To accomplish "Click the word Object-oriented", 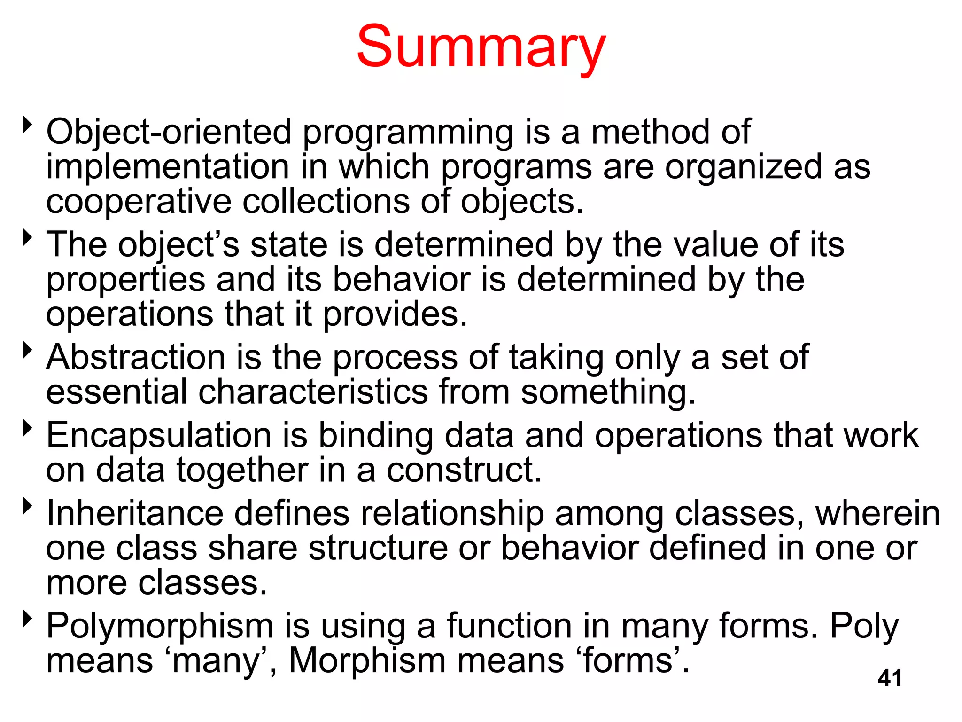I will [x=169, y=132].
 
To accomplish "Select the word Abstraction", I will [x=136, y=357].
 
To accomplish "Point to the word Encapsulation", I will [x=159, y=436].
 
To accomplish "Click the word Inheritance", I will [x=135, y=513].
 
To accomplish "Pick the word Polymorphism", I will [x=160, y=627].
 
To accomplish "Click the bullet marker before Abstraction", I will [x=28, y=350].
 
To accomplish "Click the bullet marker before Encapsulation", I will [x=28, y=428].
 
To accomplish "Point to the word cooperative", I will [x=139, y=202].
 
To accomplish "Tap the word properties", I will [x=125, y=280].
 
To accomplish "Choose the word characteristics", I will [x=313, y=392].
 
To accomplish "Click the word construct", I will [x=463, y=470].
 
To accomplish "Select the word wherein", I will [x=877, y=513].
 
